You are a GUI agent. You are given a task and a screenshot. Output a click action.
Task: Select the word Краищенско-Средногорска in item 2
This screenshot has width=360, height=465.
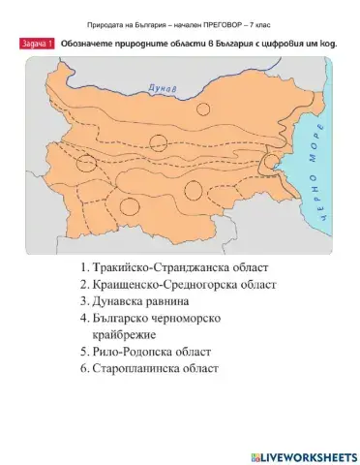click(x=168, y=285)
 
